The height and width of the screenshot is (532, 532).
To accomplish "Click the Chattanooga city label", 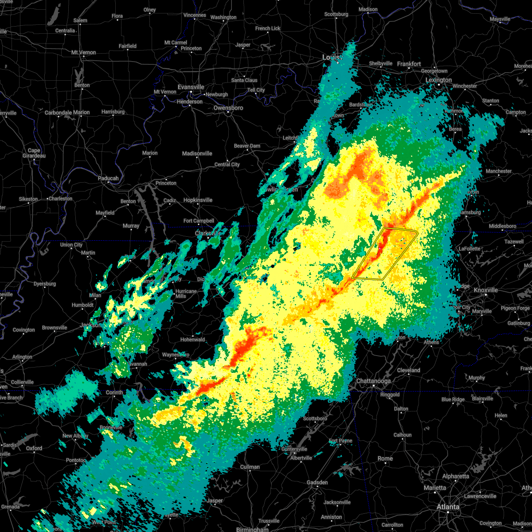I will pos(373,381).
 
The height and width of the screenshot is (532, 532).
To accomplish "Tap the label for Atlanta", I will pos(448,507).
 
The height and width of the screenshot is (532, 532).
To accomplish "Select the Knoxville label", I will pos(485,290).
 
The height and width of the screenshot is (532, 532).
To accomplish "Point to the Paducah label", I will pos(108,178).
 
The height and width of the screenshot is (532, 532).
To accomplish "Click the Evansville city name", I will pos(191,87).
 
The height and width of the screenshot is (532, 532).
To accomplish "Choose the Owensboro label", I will pos(228,108).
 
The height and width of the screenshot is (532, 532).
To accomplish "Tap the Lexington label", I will pos(438,80).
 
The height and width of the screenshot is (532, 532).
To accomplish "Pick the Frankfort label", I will pos(409,64).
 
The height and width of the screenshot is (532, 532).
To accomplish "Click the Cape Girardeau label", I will pos(34,153).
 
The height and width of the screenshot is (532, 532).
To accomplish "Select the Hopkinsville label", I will pos(198,200).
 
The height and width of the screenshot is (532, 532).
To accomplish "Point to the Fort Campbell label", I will pos(199,221).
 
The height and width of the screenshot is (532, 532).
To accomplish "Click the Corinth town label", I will pos(114,392).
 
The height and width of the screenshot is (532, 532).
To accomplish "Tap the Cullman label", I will pos(250,467).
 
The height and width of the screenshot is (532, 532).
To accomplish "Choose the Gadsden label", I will pos(317,482).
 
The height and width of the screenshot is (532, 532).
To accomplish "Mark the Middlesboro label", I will pos(502,226).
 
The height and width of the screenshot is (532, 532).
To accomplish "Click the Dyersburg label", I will pos(45,284).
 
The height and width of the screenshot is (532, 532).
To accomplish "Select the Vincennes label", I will pos(195,15).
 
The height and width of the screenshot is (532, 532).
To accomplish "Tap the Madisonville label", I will pos(197,153).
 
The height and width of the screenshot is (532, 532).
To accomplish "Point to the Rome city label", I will pos(385,458).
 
